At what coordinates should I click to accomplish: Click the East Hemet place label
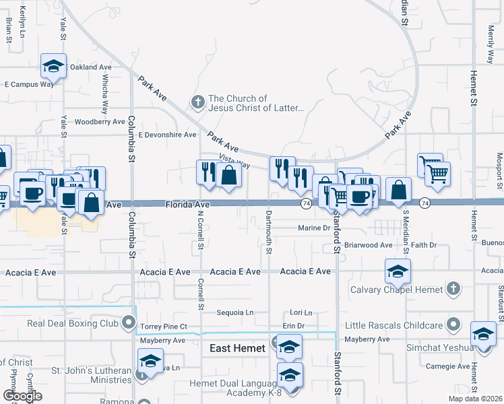point(237,348)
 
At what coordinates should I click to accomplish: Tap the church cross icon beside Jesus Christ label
point(197,102)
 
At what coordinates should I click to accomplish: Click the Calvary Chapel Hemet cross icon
point(454,290)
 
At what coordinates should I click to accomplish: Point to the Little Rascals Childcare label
point(393,325)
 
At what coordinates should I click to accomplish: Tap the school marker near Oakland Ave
point(53,66)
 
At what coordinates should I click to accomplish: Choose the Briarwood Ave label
point(368,245)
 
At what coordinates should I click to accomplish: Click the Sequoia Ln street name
point(234,312)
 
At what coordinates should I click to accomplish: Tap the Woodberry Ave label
point(100,122)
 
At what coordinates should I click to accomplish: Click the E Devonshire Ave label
point(167,135)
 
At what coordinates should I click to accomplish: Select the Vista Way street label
point(234,162)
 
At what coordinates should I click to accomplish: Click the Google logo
point(22,396)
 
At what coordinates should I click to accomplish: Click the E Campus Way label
point(28,84)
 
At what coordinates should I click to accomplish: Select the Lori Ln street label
point(301,313)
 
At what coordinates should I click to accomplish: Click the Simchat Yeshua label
point(437,348)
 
